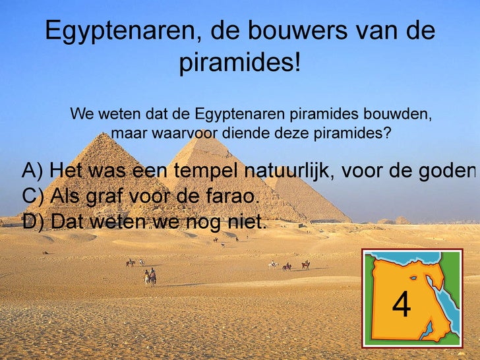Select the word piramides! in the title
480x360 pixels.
click(240, 64)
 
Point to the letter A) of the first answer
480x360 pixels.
click(32, 171)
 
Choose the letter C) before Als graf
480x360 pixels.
click(33, 196)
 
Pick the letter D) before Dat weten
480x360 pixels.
click(33, 222)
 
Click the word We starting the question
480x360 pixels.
click(82, 114)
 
